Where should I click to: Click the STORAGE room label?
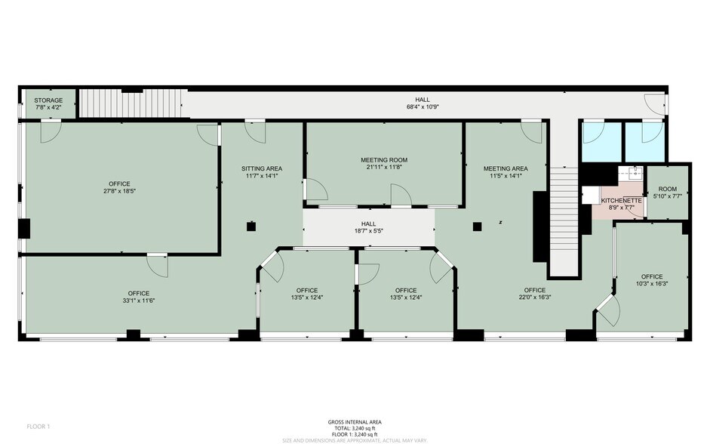(x=48, y=100)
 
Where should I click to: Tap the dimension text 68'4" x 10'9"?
(x=422, y=107)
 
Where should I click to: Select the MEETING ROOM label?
(x=383, y=160)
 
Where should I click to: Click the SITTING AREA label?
(x=262, y=168)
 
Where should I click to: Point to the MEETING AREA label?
(x=505, y=168)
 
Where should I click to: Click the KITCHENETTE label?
(x=621, y=201)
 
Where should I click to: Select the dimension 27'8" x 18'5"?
(x=120, y=191)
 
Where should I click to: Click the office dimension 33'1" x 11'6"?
(x=138, y=301)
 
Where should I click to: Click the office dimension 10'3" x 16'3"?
(x=651, y=284)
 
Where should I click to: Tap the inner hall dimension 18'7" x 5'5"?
(x=368, y=232)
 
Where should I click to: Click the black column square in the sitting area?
(x=250, y=226)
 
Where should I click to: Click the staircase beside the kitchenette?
(x=563, y=219)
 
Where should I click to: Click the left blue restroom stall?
(x=600, y=141)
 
